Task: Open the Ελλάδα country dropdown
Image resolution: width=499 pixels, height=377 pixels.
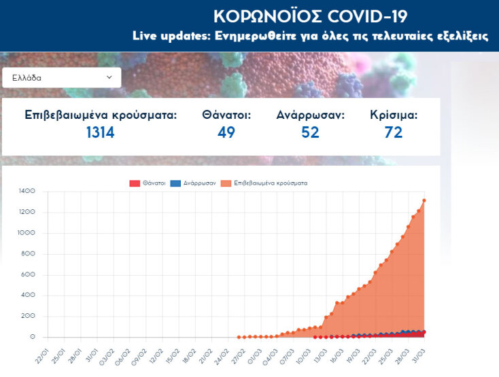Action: (x=61, y=77)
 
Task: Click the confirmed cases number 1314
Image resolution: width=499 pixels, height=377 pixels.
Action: (x=100, y=132)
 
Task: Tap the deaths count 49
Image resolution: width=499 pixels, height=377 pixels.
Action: (x=226, y=132)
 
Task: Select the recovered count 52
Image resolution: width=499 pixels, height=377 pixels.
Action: (x=310, y=132)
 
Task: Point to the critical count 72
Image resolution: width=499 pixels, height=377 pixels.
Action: (x=394, y=132)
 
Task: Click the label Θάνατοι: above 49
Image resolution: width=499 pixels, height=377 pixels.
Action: (x=226, y=115)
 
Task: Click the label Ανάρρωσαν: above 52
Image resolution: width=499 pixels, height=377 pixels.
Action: (x=310, y=115)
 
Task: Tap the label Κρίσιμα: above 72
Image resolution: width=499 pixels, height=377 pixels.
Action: (x=394, y=115)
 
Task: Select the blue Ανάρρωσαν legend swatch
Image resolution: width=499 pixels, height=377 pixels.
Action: (x=175, y=183)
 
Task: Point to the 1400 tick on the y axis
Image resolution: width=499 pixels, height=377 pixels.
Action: (x=27, y=192)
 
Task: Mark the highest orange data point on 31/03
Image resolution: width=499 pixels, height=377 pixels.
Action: (x=424, y=200)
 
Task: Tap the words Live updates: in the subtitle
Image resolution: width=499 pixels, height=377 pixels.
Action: (x=172, y=36)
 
